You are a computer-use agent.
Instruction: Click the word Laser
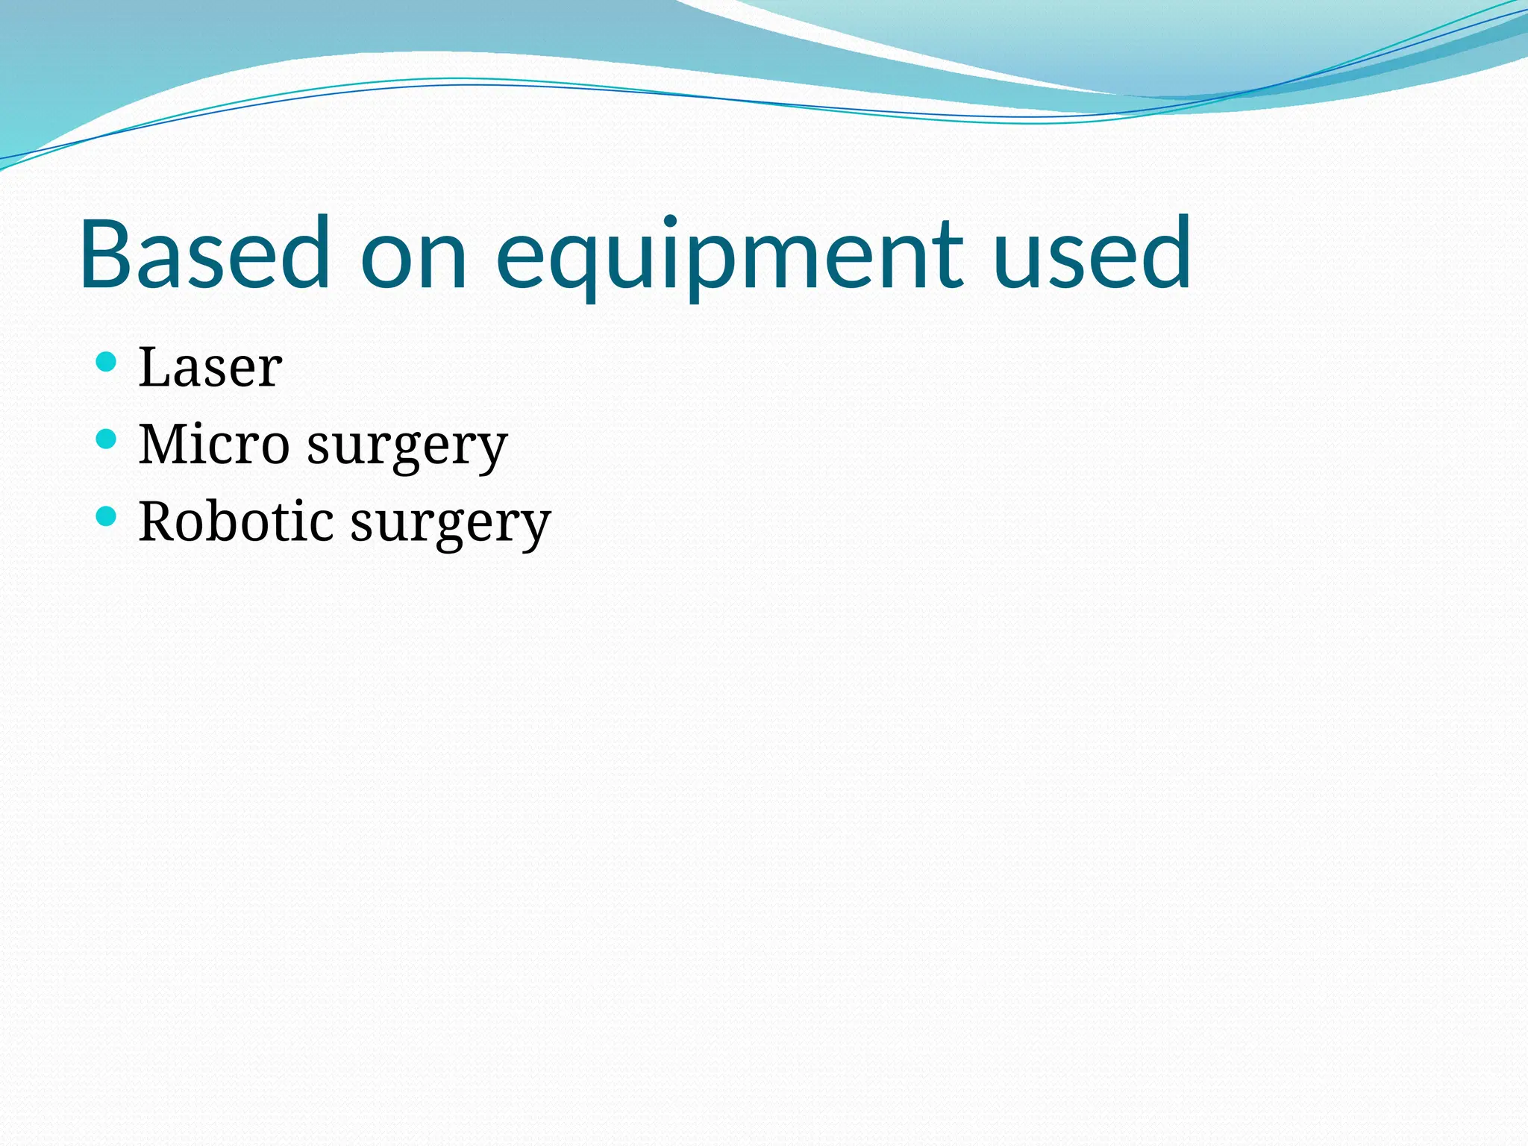click(x=210, y=367)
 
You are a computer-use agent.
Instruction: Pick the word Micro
click(x=214, y=444)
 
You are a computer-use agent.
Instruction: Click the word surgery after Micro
click(x=407, y=446)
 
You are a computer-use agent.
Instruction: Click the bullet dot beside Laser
click(x=107, y=362)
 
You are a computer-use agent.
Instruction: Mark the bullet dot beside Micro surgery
click(x=107, y=439)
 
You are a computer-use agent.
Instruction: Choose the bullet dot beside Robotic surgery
click(x=107, y=516)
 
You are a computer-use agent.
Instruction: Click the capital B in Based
click(x=107, y=253)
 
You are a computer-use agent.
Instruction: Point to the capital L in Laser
click(x=154, y=367)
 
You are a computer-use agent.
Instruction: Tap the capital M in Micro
click(x=166, y=444)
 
